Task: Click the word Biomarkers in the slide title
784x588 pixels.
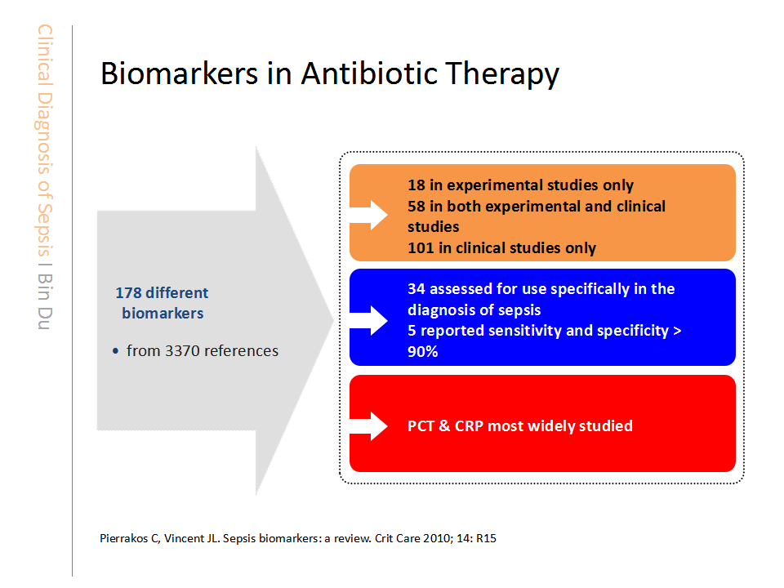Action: [180, 73]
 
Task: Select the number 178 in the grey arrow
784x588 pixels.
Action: [129, 292]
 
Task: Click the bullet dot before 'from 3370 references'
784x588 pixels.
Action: [115, 351]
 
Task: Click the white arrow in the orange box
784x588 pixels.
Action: [368, 215]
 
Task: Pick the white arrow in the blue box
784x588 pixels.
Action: [368, 320]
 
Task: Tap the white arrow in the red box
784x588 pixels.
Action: [368, 426]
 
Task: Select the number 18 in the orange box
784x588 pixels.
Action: [416, 185]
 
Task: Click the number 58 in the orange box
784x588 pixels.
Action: [416, 206]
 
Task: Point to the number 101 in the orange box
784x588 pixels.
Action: [421, 248]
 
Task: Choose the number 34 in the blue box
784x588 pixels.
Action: [416, 289]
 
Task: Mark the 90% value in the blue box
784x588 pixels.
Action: [422, 351]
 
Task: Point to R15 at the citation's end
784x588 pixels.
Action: [486, 538]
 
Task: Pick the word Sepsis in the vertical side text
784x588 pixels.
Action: [44, 230]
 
